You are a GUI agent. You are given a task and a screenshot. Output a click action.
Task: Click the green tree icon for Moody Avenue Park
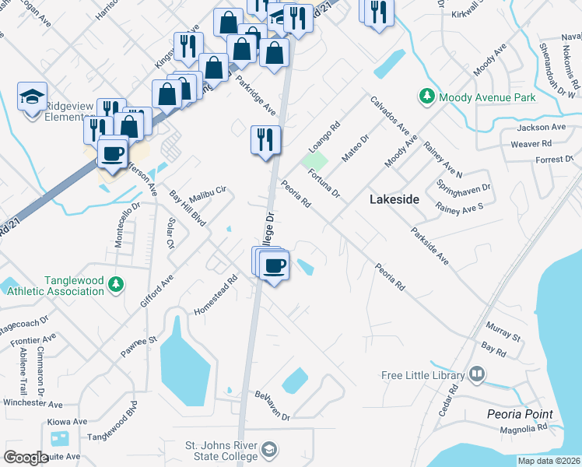pyautogui.click(x=427, y=97)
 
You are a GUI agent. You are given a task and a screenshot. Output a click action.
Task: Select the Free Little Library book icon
pyautogui.click(x=477, y=374)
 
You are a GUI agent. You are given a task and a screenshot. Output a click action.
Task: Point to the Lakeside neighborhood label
pyautogui.click(x=394, y=199)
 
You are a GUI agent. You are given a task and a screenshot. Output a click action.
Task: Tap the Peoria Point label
pyautogui.click(x=520, y=414)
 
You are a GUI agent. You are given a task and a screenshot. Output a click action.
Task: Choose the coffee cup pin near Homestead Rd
pyautogui.click(x=274, y=265)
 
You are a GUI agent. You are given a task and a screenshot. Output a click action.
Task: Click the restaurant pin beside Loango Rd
pyautogui.click(x=265, y=140)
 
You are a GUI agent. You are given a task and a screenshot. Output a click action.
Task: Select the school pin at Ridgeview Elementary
pyautogui.click(x=32, y=97)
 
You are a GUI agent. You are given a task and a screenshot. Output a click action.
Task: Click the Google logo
pyautogui.click(x=26, y=457)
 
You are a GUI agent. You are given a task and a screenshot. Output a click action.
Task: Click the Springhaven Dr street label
pyautogui.click(x=464, y=188)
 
